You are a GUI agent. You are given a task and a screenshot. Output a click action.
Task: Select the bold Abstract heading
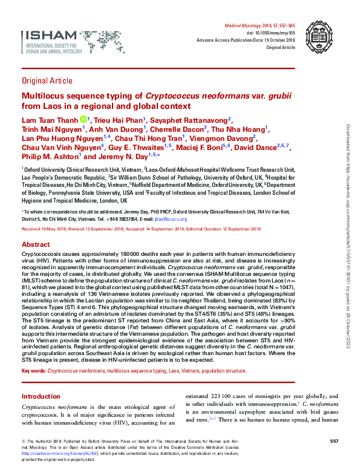(36, 241)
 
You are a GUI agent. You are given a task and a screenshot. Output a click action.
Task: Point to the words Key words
(33, 370)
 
